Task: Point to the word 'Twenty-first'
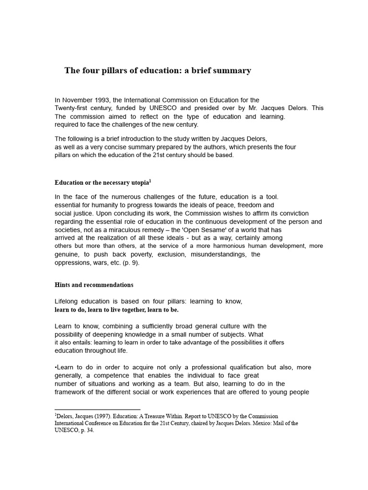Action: point(72,108)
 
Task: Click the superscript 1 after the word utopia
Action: point(150,181)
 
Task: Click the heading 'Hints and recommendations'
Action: point(94,285)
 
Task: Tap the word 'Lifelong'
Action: point(67,301)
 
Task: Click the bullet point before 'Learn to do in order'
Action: point(56,367)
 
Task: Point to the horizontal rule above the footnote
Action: point(97,410)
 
